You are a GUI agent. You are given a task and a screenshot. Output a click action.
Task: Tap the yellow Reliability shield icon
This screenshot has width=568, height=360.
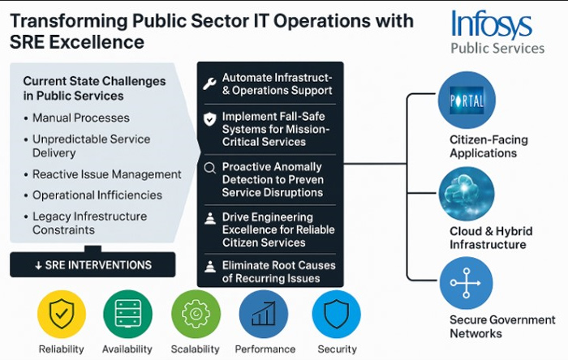(x=61, y=314)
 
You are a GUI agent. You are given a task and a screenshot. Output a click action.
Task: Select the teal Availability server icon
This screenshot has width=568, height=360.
(x=127, y=314)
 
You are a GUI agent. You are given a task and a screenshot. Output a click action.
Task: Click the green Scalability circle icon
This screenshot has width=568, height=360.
(x=196, y=314)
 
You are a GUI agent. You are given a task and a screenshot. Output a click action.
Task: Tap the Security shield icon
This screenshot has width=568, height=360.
(x=336, y=314)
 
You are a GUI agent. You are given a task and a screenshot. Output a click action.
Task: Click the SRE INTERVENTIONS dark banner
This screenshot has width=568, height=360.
(x=93, y=264)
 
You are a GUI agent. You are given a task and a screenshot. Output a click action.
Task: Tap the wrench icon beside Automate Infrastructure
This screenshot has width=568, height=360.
(x=209, y=83)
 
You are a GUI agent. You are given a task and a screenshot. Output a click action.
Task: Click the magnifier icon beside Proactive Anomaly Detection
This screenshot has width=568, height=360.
(x=209, y=169)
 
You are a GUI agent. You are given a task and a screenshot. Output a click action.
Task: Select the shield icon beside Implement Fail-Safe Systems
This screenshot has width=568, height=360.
(x=209, y=120)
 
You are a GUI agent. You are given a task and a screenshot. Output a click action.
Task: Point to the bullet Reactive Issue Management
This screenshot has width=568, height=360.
(x=106, y=174)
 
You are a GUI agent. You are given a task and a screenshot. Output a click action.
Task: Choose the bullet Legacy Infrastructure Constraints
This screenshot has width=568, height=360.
(x=89, y=223)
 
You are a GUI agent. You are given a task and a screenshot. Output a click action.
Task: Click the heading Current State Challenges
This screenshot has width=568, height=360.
(x=94, y=88)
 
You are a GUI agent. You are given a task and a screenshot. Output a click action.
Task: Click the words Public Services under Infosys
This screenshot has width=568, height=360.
(x=497, y=49)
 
